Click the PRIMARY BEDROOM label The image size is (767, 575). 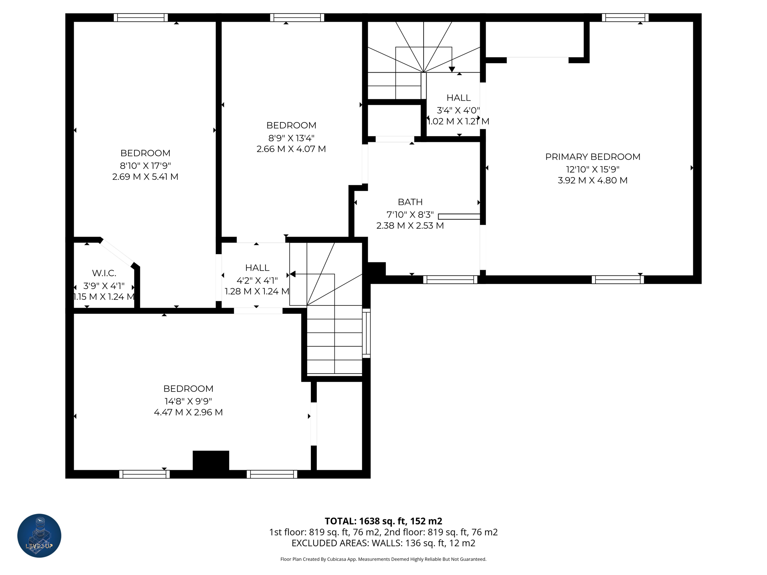(592, 157)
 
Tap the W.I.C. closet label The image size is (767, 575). (104, 273)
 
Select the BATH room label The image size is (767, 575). (410, 202)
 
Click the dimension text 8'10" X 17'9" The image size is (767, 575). (145, 165)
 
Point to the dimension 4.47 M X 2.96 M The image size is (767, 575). (188, 412)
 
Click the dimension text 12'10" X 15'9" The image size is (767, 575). (592, 169)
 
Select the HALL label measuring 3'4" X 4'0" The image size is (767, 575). (458, 98)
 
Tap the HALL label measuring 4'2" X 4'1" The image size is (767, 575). (257, 268)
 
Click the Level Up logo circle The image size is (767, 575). (39, 535)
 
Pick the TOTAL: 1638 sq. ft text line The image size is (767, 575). (383, 521)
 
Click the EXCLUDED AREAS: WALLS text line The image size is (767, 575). (383, 543)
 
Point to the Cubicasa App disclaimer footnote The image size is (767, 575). (383, 559)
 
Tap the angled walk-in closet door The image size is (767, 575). (117, 253)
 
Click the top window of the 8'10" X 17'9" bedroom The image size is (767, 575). (141, 18)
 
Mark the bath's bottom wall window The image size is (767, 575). (450, 280)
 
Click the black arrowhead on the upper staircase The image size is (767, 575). (452, 69)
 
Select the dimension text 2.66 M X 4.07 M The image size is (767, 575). (291, 149)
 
